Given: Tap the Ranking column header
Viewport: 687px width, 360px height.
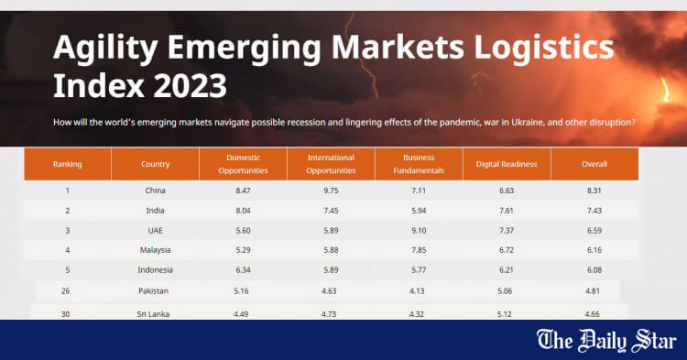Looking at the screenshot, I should (67, 164).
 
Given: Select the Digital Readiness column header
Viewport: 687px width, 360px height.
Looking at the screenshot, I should (507, 164).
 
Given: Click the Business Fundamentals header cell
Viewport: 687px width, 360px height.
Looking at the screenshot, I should (418, 164).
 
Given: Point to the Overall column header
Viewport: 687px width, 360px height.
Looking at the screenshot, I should (594, 164).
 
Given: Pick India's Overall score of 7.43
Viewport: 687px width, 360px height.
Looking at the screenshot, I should (594, 210).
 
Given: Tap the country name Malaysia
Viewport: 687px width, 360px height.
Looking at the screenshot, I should (155, 249).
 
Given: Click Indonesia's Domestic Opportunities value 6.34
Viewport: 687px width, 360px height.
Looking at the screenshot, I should (243, 269).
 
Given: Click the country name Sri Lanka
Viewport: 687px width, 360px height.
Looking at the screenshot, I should (155, 314).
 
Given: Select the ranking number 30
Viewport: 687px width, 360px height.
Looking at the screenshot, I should (67, 314).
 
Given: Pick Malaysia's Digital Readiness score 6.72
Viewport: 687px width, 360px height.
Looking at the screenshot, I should (507, 249).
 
